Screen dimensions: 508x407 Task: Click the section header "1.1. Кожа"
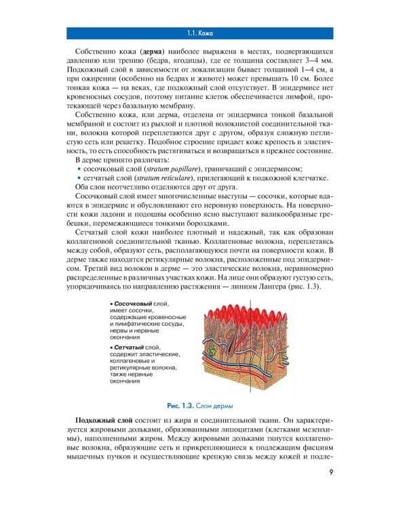coord(203,33)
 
